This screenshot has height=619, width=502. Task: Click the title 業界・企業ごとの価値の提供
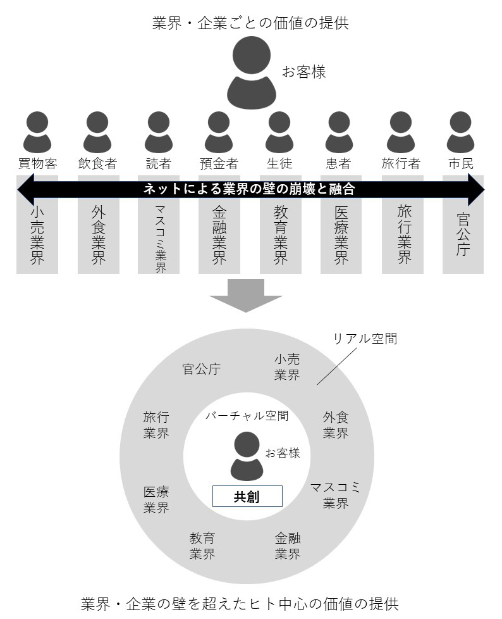click(x=250, y=23)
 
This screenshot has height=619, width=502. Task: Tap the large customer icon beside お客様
click(x=251, y=73)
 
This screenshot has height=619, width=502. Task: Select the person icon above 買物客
click(x=37, y=132)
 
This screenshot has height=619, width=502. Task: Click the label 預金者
click(x=219, y=164)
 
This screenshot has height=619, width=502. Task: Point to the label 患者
click(x=339, y=164)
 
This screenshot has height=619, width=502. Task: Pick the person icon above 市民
click(x=460, y=132)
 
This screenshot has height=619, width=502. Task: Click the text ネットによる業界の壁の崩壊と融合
click(x=250, y=189)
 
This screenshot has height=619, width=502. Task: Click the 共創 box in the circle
click(x=247, y=497)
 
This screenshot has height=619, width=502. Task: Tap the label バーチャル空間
click(x=247, y=416)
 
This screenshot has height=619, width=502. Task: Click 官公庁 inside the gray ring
click(x=202, y=370)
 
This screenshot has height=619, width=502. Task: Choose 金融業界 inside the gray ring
click(x=288, y=546)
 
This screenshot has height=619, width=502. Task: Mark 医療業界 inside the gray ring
click(x=156, y=499)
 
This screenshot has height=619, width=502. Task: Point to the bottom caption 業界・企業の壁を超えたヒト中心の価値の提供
click(x=240, y=603)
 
